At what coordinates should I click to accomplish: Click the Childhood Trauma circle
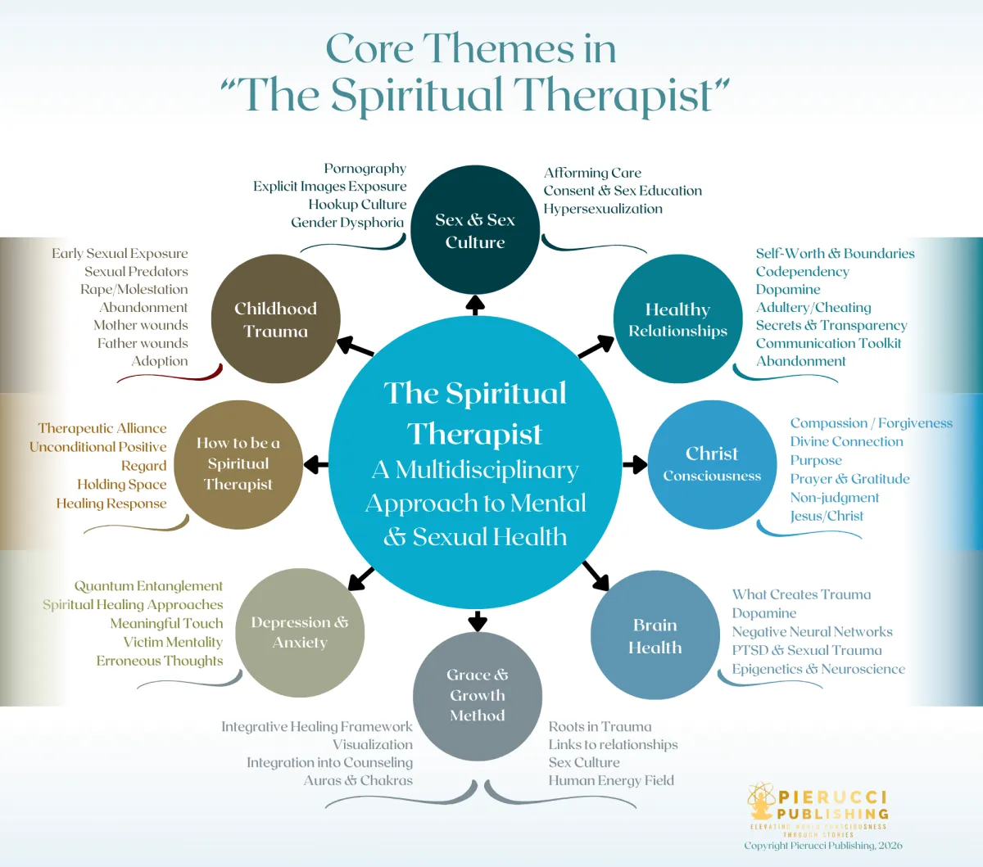tap(275, 319)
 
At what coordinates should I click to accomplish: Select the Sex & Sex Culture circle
tap(474, 230)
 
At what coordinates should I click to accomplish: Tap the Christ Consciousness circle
tap(712, 464)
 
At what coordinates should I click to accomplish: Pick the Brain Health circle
tap(655, 635)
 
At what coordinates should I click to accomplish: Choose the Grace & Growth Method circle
tap(477, 696)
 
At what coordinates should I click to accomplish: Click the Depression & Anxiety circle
tap(299, 632)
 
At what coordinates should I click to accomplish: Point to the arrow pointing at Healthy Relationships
tap(596, 347)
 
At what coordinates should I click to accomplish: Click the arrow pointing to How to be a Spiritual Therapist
tap(315, 465)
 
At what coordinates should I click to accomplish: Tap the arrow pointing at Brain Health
tap(596, 576)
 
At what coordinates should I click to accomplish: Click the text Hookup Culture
tap(357, 205)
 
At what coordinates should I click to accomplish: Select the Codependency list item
tap(802, 272)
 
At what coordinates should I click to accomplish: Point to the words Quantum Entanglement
tap(148, 586)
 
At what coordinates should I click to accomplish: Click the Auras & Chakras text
tap(358, 780)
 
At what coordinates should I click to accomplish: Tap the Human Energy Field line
tap(611, 780)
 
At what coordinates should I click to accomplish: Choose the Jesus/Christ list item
tap(827, 516)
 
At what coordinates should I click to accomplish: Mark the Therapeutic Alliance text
tap(102, 428)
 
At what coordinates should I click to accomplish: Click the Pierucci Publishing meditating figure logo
tap(761, 802)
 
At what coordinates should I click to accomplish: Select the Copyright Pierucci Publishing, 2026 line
tap(822, 846)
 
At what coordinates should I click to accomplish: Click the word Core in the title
tap(369, 49)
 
